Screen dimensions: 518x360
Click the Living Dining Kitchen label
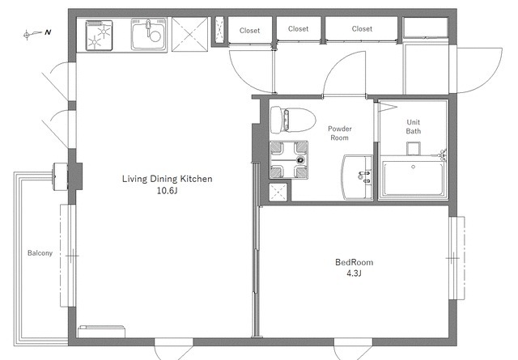pos(168,179)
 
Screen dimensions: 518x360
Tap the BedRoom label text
pos(355,262)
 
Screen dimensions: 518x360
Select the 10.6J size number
pos(168,191)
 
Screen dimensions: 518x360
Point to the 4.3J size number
pos(354,273)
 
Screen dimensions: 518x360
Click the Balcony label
pos(40,253)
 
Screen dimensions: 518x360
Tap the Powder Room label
pos(340,133)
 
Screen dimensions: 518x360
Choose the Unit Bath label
pos(414,126)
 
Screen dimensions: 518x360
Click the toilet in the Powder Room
pos(293,120)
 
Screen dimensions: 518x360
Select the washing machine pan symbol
pos(289,160)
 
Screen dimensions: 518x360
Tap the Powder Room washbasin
pos(357,177)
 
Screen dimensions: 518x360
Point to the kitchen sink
pos(149,34)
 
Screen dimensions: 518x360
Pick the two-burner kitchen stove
pos(99,36)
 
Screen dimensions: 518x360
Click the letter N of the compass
pos(49,32)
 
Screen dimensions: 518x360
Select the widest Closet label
pos(362,29)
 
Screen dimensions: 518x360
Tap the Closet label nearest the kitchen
pos(250,31)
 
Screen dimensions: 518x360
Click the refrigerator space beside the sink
pos(190,34)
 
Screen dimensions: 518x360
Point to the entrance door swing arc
pos(495,79)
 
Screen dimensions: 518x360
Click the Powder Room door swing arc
pos(334,66)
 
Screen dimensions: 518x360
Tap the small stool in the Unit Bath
pos(414,148)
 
